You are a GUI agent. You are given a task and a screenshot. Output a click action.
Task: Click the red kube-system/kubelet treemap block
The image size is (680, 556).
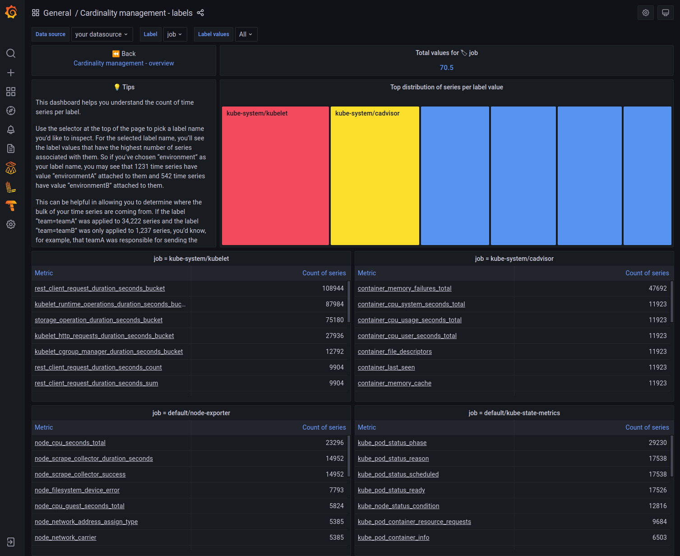point(275,176)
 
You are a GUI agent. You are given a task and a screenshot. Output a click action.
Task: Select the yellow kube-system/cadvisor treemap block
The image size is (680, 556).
point(375,176)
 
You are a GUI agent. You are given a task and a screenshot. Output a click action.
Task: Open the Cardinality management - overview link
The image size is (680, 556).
point(124,63)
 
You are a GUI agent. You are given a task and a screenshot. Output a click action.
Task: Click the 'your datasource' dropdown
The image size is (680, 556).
point(102,34)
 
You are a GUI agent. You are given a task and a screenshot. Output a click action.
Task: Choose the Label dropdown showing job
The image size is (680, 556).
point(175,34)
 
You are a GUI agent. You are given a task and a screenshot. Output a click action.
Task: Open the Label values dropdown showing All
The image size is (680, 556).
point(246,34)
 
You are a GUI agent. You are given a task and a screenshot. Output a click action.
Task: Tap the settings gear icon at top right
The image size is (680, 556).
point(646,13)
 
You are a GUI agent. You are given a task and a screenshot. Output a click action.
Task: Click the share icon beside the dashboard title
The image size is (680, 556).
point(201,13)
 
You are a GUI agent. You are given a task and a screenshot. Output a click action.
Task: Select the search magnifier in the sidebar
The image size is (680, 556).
point(11,53)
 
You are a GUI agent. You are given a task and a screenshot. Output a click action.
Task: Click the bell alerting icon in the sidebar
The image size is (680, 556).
point(11,130)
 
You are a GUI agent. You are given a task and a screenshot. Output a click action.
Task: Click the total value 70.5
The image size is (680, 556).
point(446,68)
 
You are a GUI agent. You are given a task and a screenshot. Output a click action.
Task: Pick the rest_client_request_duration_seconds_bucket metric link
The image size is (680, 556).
point(100,288)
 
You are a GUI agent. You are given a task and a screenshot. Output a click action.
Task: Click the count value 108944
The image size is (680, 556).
point(333,288)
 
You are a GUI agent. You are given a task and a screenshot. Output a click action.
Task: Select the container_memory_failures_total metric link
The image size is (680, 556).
point(404,288)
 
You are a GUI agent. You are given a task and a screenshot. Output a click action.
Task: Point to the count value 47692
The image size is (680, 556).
point(657,288)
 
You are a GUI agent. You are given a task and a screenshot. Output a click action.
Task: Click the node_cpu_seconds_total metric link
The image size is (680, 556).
point(70,443)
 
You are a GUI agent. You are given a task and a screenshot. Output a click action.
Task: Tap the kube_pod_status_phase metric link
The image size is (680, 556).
point(392,443)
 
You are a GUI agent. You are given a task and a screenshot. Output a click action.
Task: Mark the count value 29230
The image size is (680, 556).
point(657,443)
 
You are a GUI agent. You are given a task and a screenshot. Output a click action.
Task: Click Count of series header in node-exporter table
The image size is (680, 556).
point(324,427)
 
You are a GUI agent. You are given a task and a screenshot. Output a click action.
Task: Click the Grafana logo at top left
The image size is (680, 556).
point(11,12)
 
